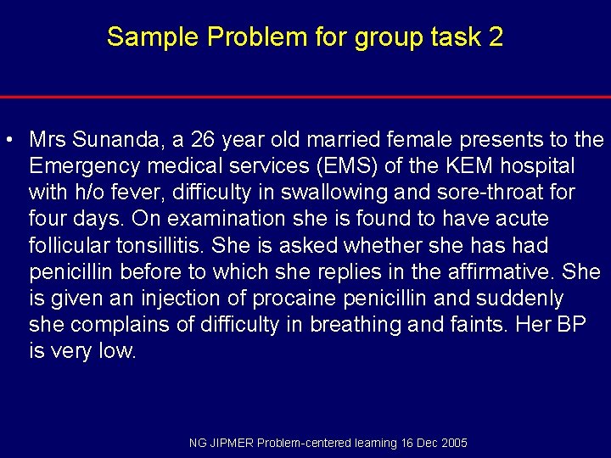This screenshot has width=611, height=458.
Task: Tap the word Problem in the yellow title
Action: point(228,37)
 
